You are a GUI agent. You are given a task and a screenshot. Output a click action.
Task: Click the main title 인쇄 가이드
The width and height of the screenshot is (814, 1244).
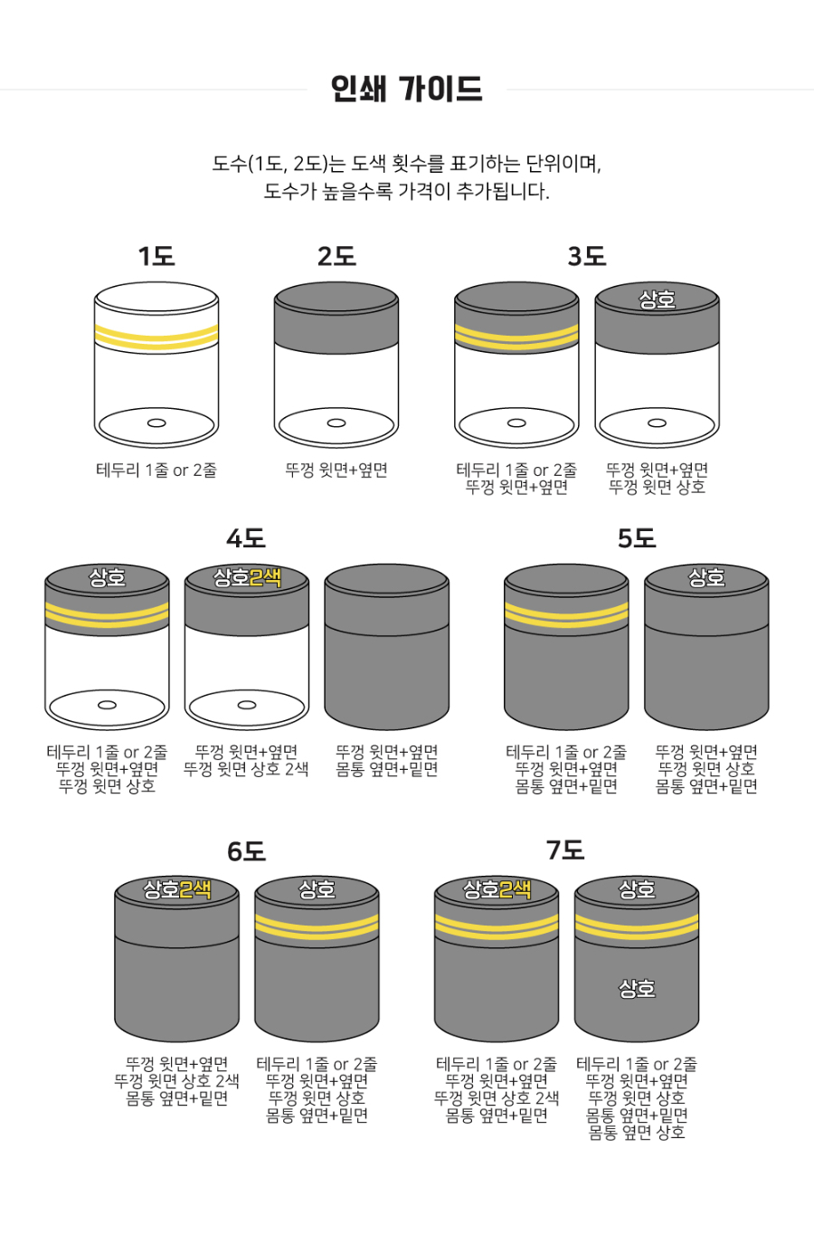tap(406, 89)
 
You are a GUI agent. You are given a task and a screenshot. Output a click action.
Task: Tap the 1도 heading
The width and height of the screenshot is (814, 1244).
tap(156, 257)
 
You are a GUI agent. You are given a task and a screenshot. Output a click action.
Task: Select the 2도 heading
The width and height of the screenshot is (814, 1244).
tap(336, 257)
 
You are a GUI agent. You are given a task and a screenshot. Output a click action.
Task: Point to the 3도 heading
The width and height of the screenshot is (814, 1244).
tap(587, 257)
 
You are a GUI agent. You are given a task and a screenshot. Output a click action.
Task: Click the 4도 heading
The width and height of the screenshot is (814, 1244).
tap(246, 538)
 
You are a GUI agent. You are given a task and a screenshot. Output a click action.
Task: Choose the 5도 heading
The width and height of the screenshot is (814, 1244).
tap(637, 538)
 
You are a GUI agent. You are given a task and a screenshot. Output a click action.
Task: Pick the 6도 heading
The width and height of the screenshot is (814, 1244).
tap(247, 850)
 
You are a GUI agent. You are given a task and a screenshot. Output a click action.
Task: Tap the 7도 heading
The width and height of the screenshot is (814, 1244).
tap(565, 850)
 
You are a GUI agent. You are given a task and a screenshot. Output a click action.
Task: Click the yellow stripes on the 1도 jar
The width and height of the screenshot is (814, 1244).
tap(156, 337)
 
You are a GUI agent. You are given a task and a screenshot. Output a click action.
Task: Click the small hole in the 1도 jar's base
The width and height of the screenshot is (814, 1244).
tap(156, 423)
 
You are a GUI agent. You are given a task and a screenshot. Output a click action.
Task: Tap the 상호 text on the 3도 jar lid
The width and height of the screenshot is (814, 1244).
tap(657, 299)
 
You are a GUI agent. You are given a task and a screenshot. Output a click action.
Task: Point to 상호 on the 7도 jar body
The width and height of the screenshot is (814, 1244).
tap(637, 988)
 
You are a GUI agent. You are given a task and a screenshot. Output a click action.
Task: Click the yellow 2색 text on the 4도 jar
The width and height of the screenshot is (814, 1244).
tap(265, 578)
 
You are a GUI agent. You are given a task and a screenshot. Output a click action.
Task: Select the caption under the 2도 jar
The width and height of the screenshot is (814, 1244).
tap(336, 470)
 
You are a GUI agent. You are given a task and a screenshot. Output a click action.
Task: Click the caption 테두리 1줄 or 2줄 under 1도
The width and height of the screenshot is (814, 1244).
tap(156, 470)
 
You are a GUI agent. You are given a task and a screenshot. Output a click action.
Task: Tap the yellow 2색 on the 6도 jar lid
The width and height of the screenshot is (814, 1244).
tap(195, 889)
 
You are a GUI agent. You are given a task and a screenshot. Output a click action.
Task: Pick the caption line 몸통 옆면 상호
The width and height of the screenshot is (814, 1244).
tap(637, 1132)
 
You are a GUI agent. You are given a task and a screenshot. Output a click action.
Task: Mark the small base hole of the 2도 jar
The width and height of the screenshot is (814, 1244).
tap(336, 423)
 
